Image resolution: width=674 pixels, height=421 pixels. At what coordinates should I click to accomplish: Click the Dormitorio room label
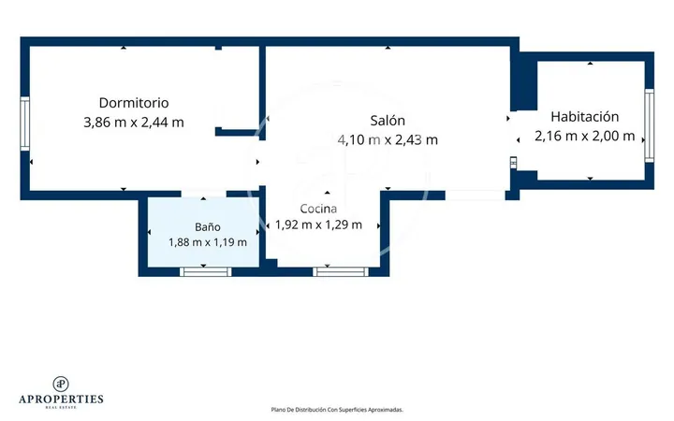[134, 103]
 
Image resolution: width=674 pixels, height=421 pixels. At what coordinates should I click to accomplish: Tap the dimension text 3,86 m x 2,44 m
[134, 123]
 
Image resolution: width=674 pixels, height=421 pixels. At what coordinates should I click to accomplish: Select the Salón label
[388, 121]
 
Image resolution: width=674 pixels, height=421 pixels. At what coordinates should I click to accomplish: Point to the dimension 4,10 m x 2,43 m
[388, 139]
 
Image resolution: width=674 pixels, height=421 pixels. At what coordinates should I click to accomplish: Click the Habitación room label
[584, 116]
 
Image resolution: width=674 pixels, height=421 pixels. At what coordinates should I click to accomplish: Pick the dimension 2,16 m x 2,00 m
[584, 136]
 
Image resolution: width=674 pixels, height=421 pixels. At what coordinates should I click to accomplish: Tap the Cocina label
[318, 209]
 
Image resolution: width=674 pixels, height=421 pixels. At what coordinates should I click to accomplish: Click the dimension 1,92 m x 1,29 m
[318, 225]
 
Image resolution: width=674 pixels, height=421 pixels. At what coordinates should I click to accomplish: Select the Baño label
[208, 226]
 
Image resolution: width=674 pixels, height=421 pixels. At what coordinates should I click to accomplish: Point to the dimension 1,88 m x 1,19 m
[208, 242]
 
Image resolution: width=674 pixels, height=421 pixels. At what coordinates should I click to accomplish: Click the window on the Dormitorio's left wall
[25, 123]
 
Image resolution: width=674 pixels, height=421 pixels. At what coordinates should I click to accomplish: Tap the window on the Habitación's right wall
[649, 125]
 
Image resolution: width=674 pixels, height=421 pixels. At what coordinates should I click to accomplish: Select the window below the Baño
[205, 271]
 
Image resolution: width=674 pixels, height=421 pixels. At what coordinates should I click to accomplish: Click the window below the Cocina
[341, 271]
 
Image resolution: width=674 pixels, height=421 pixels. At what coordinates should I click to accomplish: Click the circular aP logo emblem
[61, 385]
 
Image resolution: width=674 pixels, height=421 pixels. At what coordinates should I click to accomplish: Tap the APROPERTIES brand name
[61, 399]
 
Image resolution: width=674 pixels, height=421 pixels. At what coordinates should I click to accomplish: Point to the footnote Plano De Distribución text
[337, 410]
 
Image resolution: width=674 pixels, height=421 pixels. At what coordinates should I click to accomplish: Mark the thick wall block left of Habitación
[524, 81]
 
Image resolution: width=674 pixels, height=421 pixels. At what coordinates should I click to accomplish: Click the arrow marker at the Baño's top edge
[203, 198]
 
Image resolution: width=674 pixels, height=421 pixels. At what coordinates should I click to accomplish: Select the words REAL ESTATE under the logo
[61, 407]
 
